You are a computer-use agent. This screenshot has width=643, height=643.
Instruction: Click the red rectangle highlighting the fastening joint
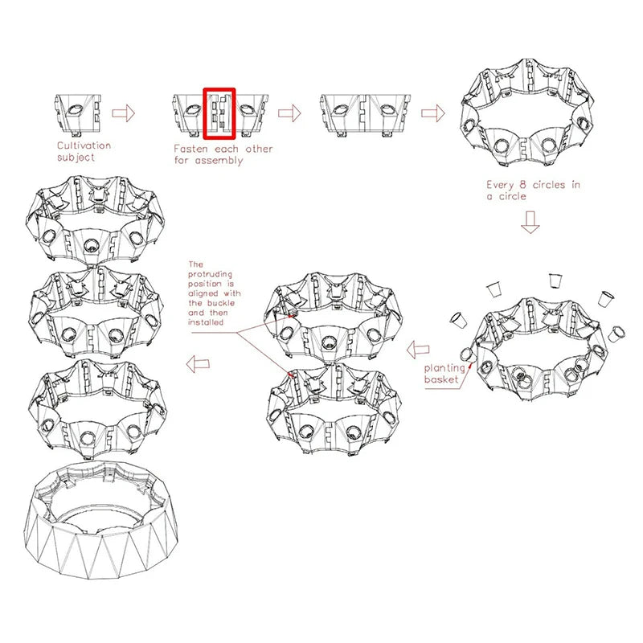[204, 113]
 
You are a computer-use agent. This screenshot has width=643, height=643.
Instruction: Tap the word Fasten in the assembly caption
[190, 149]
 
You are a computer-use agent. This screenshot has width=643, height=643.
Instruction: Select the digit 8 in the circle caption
[522, 185]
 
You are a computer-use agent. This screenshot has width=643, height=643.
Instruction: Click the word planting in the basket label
[445, 368]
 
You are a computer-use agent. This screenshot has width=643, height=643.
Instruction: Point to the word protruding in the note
[210, 274]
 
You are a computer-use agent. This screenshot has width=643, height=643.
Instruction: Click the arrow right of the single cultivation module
[124, 113]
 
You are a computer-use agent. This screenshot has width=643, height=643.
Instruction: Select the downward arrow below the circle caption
[530, 223]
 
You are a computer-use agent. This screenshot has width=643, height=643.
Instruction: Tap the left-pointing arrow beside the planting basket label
[418, 350]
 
